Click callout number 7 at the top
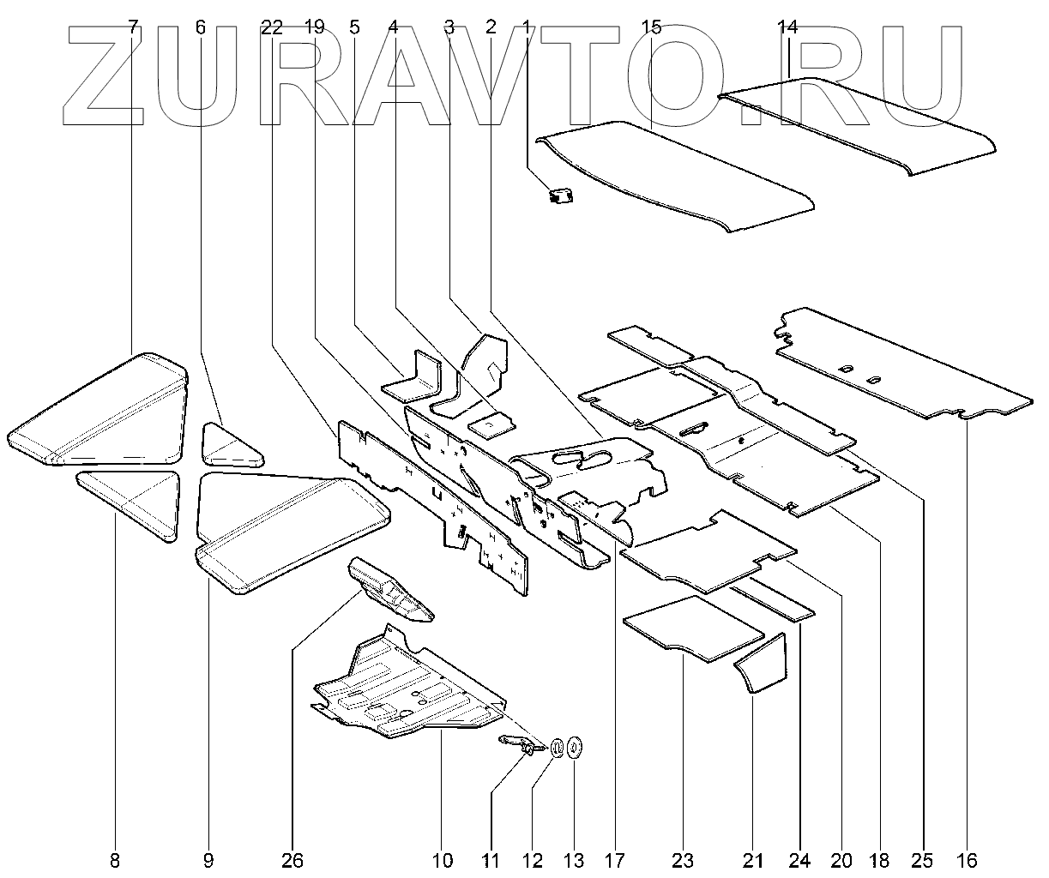[x=132, y=27]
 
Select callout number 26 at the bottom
[x=292, y=860]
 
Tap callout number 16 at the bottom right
[x=967, y=860]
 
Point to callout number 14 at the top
[x=787, y=27]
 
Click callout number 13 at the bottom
[x=573, y=860]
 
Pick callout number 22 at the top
[x=272, y=27]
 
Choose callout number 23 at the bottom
[x=683, y=860]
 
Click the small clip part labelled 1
[x=561, y=196]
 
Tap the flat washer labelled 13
[x=574, y=746]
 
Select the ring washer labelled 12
[x=555, y=747]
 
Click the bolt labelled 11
[x=519, y=743]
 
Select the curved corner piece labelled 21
[x=763, y=665]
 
